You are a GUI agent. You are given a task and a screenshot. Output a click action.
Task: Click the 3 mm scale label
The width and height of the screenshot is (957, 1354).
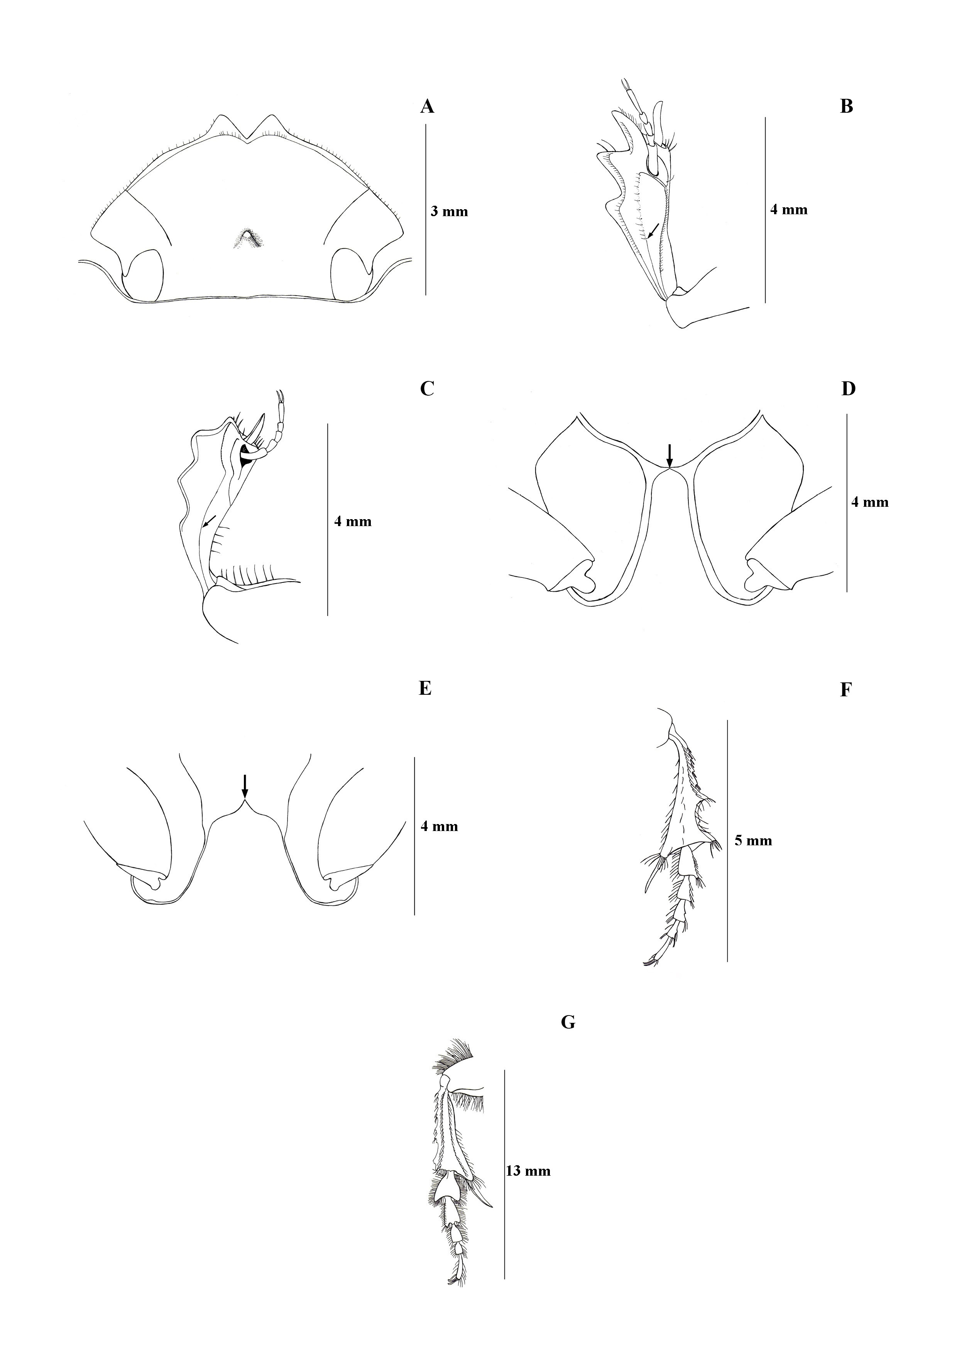click(x=449, y=211)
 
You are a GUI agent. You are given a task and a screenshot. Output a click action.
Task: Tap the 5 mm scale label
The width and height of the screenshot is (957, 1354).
click(x=753, y=840)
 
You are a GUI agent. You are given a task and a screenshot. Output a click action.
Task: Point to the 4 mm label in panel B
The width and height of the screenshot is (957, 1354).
click(x=789, y=209)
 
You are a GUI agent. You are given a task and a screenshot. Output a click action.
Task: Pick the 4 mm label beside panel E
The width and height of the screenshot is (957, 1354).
click(x=439, y=826)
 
